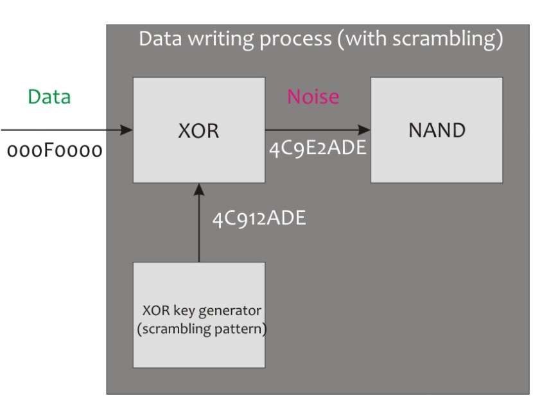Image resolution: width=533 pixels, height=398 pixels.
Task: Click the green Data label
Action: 49,97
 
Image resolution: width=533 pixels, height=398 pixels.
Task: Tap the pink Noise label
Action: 313,96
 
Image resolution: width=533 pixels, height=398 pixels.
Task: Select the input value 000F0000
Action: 55,150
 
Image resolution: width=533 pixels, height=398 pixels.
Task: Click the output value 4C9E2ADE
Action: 317,148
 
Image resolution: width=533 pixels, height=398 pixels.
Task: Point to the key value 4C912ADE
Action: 259,218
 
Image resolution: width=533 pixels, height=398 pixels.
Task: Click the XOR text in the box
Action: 199,131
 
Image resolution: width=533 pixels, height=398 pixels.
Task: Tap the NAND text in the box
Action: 437,130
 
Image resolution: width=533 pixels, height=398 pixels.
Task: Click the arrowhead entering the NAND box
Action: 364,130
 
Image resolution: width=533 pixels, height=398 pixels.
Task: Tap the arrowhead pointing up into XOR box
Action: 199,189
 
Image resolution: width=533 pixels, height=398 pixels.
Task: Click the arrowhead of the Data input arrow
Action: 127,130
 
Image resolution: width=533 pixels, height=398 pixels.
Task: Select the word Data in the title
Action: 161,39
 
